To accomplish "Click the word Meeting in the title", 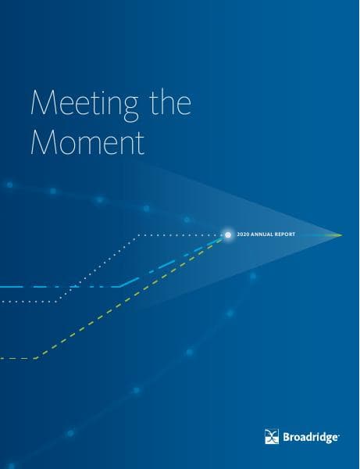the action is click(84, 104).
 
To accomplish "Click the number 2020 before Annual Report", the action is click(243, 234).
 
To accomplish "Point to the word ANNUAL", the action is click(262, 234).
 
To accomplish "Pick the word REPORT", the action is click(285, 234).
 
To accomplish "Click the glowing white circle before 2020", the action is click(228, 234).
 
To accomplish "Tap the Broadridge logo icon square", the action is click(272, 436).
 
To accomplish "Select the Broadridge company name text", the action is click(310, 438).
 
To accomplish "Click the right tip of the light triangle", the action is click(342, 235).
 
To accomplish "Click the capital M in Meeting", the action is click(44, 102).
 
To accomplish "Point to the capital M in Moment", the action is click(44, 141).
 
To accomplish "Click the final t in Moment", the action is click(141, 143).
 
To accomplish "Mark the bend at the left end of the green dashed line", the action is click(35, 358).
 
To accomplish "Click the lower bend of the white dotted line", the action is click(58, 301).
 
